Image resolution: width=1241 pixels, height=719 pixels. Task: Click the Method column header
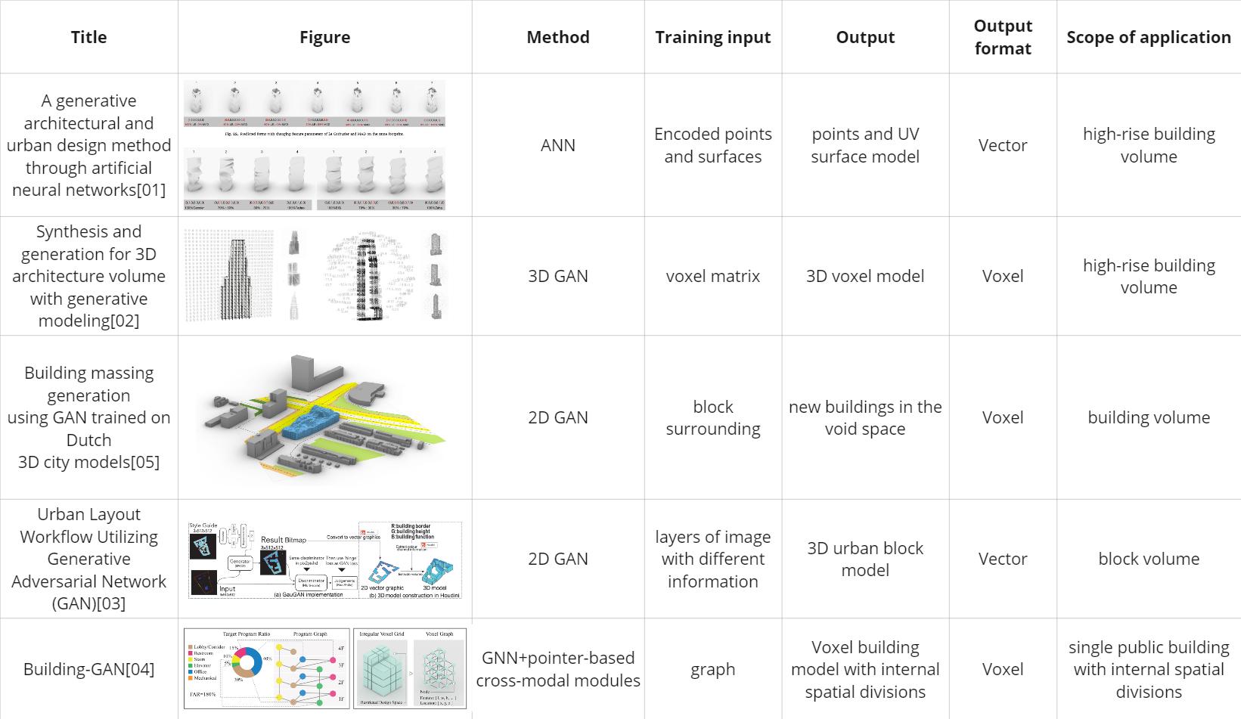558,37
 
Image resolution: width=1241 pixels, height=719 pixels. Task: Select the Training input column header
712,37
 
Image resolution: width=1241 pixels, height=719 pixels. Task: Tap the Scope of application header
1148,37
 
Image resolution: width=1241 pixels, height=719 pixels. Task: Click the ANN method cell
558,145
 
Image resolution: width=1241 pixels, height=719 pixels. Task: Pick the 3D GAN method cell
558,276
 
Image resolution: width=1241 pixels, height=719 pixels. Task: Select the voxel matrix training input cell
712,276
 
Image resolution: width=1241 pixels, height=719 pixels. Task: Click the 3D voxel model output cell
864,276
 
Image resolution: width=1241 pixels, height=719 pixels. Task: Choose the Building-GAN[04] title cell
88,669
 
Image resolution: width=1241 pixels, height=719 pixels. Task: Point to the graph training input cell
712,669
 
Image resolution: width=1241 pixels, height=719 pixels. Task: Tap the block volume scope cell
1148,559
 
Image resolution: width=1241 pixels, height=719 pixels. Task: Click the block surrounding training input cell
712,417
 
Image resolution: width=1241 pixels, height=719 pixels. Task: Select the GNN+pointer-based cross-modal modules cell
558,669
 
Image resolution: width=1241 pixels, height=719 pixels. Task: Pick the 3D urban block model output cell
864,559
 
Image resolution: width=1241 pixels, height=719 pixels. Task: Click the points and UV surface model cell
864,145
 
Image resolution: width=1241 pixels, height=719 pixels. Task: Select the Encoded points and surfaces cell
712,145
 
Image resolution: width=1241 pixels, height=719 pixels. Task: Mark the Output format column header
1003,37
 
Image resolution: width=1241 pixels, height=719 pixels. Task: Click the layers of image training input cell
712,559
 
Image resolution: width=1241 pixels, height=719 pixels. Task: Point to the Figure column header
324,37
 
